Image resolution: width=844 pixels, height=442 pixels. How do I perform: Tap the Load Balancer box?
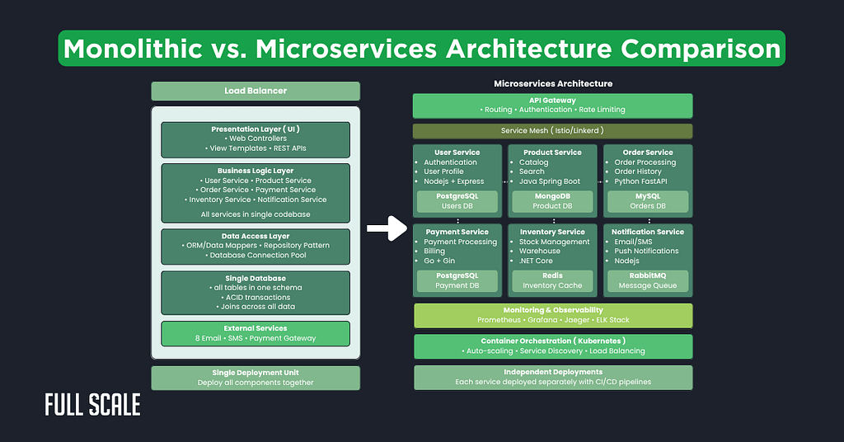click(x=256, y=91)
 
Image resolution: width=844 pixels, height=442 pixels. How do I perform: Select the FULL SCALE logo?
click(x=92, y=405)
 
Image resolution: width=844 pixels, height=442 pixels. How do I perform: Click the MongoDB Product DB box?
click(x=552, y=201)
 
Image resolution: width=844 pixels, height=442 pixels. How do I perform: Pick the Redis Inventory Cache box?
click(x=552, y=280)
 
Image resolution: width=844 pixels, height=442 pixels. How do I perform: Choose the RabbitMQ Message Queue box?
click(x=648, y=280)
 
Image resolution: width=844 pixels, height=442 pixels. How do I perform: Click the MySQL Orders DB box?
click(x=648, y=201)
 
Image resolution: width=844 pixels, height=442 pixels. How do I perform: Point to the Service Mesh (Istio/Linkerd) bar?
click(x=552, y=130)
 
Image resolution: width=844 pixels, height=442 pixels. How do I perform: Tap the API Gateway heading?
click(x=552, y=101)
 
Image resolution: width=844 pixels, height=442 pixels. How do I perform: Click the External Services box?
click(x=256, y=333)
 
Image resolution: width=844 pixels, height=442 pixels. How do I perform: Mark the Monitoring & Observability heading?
click(x=553, y=310)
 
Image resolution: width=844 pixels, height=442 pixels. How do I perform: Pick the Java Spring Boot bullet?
click(x=550, y=181)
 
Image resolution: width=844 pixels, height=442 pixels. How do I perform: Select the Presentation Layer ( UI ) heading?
click(x=256, y=129)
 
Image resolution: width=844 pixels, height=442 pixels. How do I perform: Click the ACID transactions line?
click(x=256, y=297)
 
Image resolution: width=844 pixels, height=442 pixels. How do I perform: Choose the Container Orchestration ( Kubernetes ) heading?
click(x=553, y=341)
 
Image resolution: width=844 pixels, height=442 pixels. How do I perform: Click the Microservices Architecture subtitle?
click(x=553, y=83)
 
